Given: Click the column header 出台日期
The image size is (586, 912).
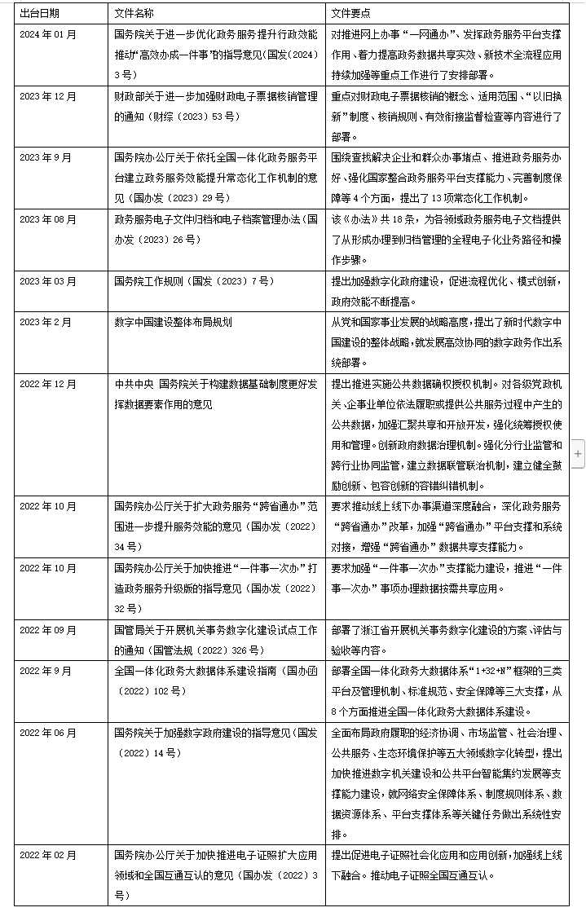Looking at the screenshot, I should click(39, 14).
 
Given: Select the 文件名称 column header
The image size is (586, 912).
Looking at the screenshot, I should click(134, 14).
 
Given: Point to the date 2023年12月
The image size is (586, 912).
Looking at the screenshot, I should click(48, 96).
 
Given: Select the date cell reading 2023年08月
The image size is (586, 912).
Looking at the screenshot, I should click(48, 220).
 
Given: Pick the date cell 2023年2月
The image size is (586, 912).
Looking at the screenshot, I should click(46, 322).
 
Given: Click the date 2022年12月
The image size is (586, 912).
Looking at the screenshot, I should click(48, 383).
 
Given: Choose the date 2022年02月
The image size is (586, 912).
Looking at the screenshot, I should click(48, 855).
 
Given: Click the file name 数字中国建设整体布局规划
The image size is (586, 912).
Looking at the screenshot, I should click(173, 322).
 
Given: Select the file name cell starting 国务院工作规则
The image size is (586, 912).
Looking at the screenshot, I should click(194, 281).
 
